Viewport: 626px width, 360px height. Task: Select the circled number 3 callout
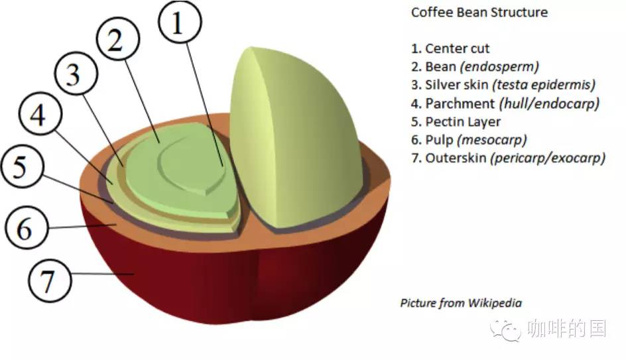pos(73,75)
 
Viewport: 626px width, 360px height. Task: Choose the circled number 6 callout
pos(25,229)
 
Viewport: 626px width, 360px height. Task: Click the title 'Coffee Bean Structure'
pos(479,13)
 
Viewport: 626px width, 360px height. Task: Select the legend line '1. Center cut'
pos(450,48)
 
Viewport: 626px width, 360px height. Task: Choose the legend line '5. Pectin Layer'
pos(456,122)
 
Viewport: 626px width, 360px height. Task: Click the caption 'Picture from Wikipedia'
pos(461,303)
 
